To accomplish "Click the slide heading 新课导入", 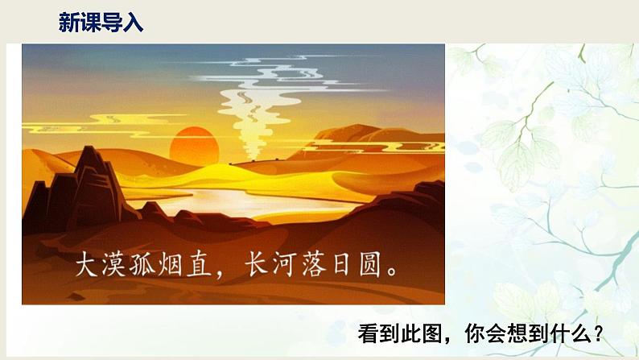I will (101, 23).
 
